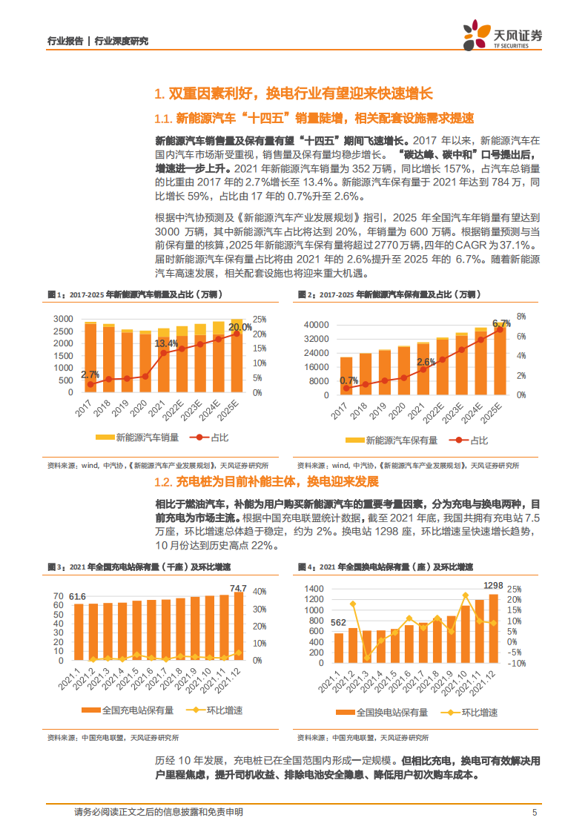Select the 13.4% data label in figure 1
point(166,343)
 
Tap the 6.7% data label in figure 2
point(501,323)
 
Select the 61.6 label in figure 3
point(77,596)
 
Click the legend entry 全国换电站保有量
point(392,713)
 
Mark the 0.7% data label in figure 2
point(348,380)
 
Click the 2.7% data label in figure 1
point(90,374)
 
